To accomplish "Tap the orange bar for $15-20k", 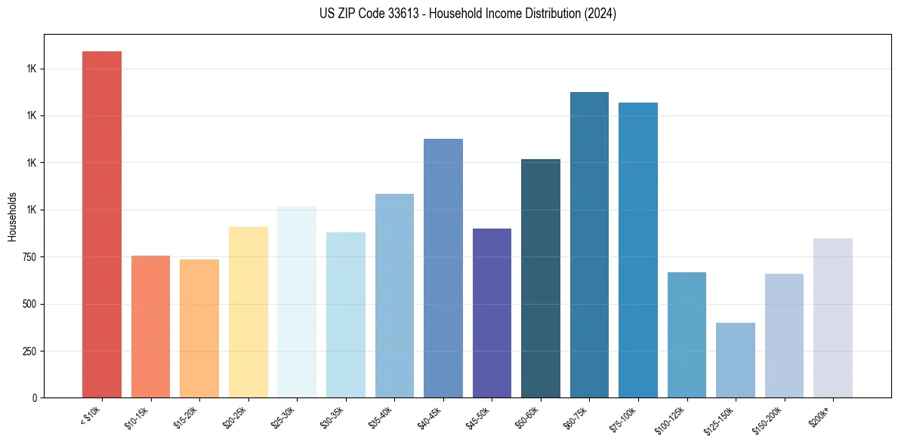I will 199,328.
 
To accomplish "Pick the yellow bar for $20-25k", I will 248,312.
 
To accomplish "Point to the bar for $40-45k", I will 443,268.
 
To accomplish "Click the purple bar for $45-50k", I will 492,313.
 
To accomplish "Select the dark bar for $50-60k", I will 541,278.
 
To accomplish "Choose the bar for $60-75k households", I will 589,244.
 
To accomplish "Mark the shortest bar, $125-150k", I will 736,360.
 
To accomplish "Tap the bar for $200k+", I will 833,318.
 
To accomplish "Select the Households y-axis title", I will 12,216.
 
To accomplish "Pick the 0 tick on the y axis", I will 35,397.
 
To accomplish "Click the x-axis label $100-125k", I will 671,421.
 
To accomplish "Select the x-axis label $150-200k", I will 769,421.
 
